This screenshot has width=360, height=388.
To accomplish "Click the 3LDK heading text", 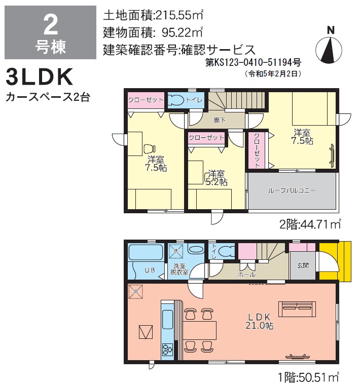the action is click(x=40, y=77).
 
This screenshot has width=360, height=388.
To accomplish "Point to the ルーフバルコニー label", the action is click(x=292, y=190).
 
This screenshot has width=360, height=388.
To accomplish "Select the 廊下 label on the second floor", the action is click(x=220, y=120).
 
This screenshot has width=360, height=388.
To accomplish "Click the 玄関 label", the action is click(x=303, y=265).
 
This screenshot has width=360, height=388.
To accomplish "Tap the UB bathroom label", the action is click(x=150, y=270).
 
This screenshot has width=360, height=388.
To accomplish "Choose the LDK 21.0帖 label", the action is click(x=260, y=321).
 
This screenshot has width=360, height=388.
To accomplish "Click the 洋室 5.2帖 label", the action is click(x=217, y=178).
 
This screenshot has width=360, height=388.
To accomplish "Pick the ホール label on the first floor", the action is click(x=246, y=275).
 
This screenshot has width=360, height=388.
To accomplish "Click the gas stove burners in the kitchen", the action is click(x=167, y=350).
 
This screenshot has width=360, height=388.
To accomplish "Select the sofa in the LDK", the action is click(x=297, y=309).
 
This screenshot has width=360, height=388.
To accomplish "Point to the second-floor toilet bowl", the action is click(x=176, y=100).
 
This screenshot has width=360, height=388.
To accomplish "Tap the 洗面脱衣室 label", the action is click(x=179, y=269).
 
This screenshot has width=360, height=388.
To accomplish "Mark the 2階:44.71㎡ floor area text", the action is click(x=310, y=224).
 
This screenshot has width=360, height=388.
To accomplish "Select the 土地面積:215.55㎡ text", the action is click(x=153, y=15).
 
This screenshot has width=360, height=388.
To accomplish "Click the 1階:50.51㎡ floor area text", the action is click(x=308, y=377).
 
